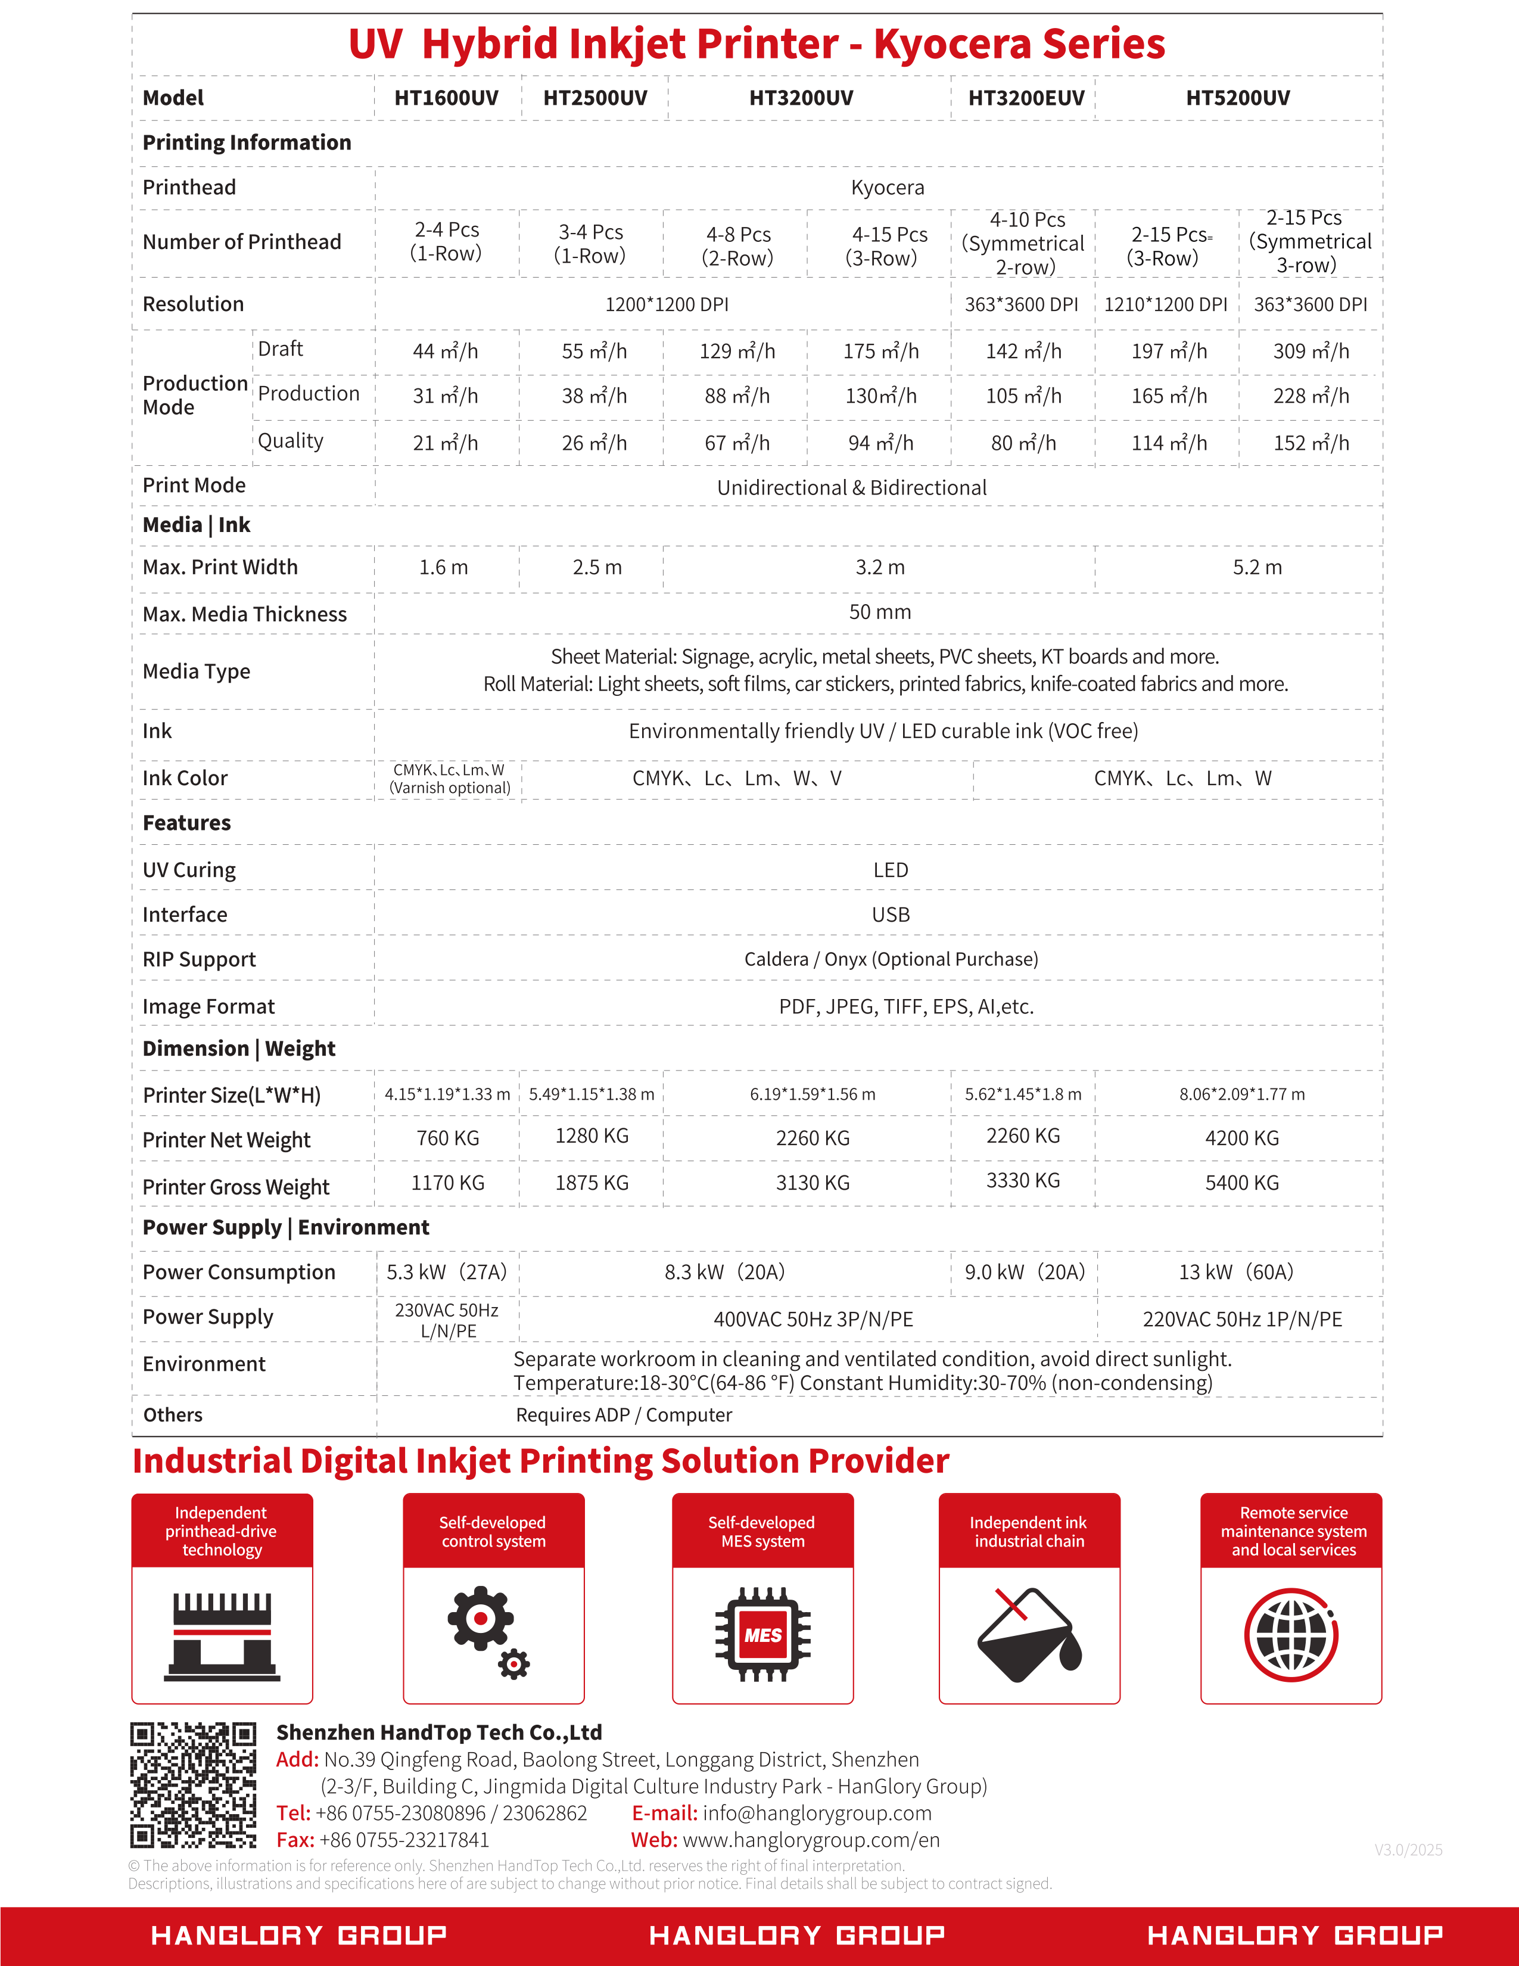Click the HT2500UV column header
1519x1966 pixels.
[x=595, y=98]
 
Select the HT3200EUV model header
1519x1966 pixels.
[x=1026, y=98]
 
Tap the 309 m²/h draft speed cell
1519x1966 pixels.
[x=1311, y=351]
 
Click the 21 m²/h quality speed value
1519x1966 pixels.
[x=446, y=443]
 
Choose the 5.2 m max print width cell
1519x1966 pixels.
[x=1257, y=567]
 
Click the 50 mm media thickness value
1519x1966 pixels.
[x=879, y=612]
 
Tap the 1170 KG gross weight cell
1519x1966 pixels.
[x=447, y=1183]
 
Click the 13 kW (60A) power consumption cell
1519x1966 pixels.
[x=1235, y=1272]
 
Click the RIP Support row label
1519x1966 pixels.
[x=199, y=960]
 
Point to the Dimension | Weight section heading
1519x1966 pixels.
[x=238, y=1049]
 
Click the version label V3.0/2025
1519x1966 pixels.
[x=1408, y=1850]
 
